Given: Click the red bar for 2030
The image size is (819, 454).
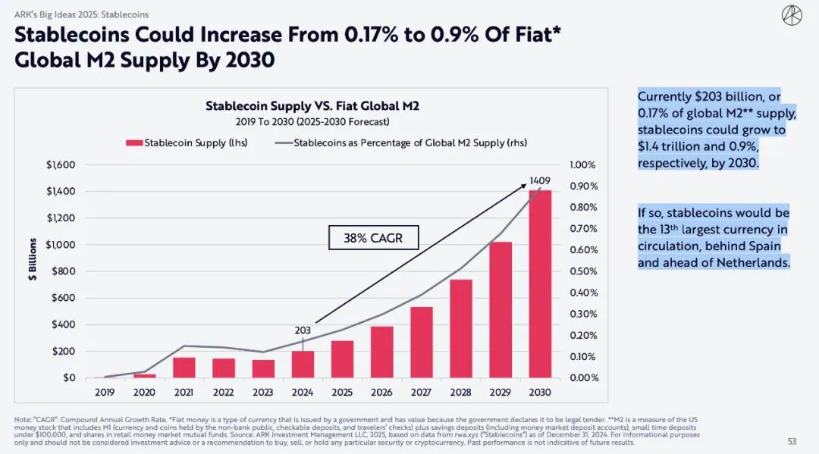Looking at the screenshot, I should point(541,284).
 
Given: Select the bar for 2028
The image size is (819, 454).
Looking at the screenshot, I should point(461,328).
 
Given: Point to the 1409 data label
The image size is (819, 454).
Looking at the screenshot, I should point(540,181).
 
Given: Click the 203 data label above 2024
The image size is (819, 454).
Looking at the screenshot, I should point(303,330).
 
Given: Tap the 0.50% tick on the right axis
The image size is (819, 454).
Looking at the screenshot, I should point(585,271).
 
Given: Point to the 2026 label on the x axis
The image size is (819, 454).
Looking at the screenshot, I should point(382,393).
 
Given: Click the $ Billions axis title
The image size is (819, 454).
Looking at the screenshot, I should point(32,260).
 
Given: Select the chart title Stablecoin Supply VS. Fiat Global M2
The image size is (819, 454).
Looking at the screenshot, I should point(312,106).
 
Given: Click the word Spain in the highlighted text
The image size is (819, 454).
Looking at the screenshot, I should point(770,246).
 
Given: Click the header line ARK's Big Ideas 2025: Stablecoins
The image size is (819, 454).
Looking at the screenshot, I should point(82,14).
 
